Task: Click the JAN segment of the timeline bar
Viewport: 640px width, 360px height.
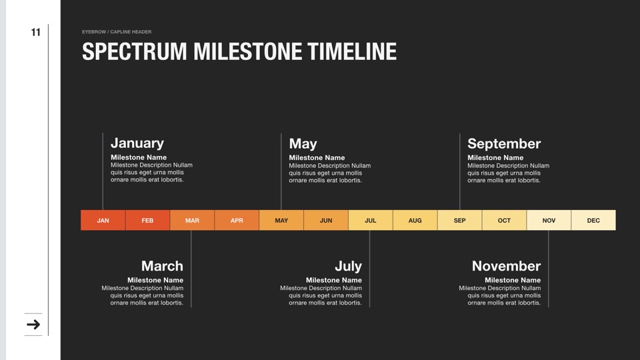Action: [x=103, y=221]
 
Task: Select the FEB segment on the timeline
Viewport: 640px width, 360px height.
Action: [x=147, y=221]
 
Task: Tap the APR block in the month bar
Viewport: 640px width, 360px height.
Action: [x=237, y=221]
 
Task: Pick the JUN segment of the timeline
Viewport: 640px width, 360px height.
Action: [x=326, y=221]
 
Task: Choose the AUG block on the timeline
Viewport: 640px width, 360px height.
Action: [x=415, y=221]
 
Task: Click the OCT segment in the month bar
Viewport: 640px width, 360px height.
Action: [x=504, y=221]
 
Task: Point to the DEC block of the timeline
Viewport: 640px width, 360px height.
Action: [x=593, y=221]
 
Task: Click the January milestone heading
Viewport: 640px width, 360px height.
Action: [x=137, y=143]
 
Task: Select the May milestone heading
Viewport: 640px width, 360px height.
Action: [x=303, y=144]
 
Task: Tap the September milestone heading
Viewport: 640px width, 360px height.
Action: [x=504, y=144]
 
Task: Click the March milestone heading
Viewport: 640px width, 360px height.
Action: [x=162, y=266]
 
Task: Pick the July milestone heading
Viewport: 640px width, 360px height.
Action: [x=348, y=266]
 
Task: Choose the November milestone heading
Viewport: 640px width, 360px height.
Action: [x=506, y=266]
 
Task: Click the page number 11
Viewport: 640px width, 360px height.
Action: [x=36, y=32]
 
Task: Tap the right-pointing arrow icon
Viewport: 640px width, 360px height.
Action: [x=33, y=325]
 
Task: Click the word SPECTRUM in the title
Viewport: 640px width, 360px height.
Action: [x=135, y=51]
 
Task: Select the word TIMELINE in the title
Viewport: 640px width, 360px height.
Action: [x=352, y=51]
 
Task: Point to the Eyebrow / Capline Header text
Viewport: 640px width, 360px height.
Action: [x=117, y=32]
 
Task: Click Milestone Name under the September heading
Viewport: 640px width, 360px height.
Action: [x=495, y=157]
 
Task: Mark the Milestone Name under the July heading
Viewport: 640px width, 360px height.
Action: [x=334, y=280]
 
